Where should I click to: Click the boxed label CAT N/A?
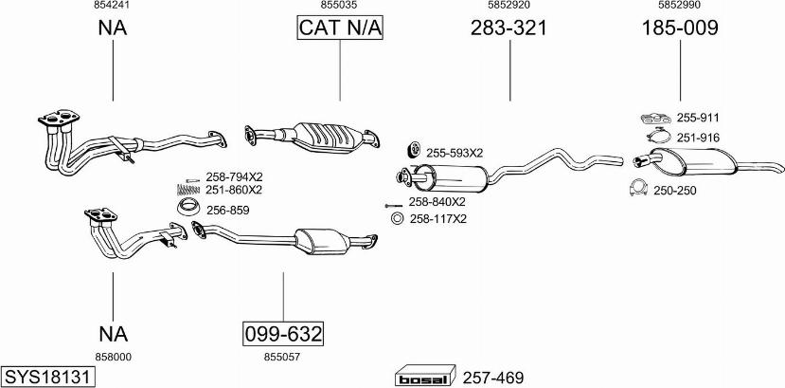pos(339,28)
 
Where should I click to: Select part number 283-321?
pos(508,28)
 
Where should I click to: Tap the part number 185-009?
pos(679,28)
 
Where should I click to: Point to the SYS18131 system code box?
pos(48,377)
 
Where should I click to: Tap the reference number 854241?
pos(113,6)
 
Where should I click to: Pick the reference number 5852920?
pos(508,6)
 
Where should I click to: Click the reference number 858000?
pos(113,357)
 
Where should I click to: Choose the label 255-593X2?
pos(454,152)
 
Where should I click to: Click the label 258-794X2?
pos(233,177)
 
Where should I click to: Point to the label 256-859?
pos(227,210)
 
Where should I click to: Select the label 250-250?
pos(674,191)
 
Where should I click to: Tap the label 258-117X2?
pos(437,220)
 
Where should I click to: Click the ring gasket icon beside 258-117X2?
pos(398,220)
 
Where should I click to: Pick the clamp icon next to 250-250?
pos(638,189)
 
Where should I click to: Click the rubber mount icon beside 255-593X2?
pos(414,150)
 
